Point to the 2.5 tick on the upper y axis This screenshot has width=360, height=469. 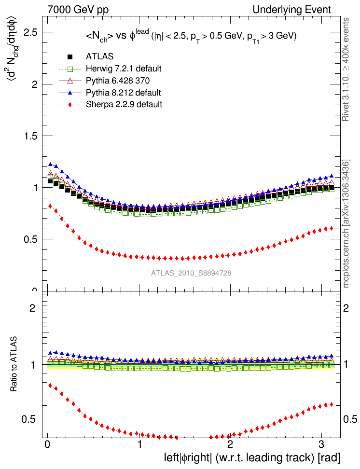pyautogui.click(x=32, y=32)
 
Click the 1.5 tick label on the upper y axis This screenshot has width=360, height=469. pyautogui.click(x=32, y=136)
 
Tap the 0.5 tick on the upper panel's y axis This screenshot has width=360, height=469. pyautogui.click(x=32, y=239)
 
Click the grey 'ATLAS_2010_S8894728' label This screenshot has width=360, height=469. pyautogui.click(x=191, y=273)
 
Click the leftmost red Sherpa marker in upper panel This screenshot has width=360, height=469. pyautogui.click(x=50, y=206)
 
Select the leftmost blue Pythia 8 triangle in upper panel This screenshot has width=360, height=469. pyautogui.click(x=50, y=165)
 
